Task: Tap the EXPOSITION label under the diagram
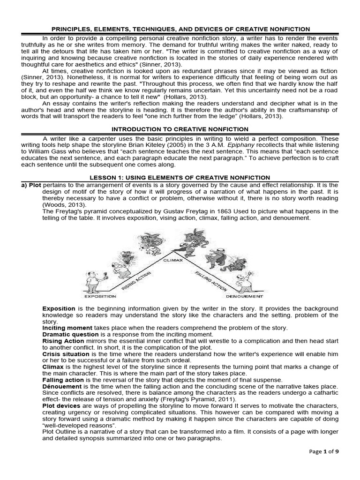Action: pos(100,296)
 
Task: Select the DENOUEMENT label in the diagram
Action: pos(244,296)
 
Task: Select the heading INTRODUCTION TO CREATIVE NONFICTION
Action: pos(180,129)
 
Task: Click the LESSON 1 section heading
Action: pos(180,177)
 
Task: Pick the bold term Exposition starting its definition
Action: pos(59,309)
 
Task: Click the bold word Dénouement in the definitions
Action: pos(62,386)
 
